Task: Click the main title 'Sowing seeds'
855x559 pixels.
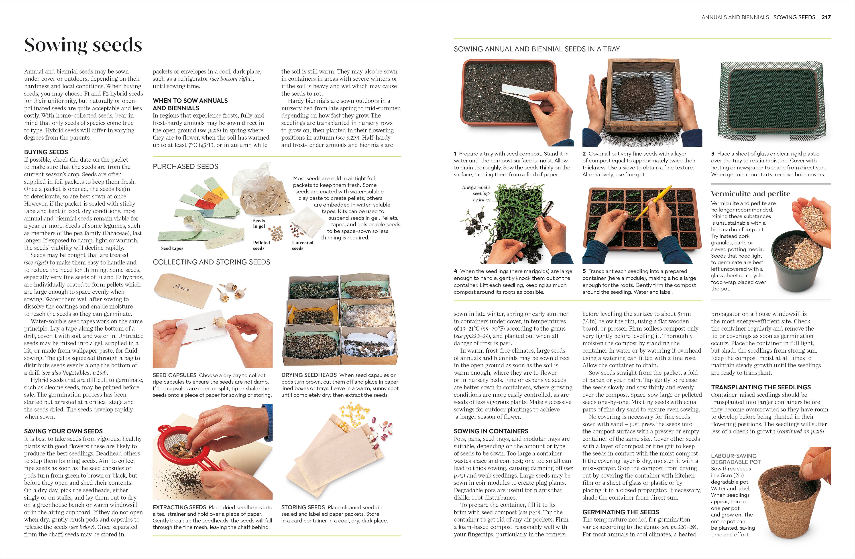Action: pyautogui.click(x=83, y=45)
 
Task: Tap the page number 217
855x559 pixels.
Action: pyautogui.click(x=826, y=17)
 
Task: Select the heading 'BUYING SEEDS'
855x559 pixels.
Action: pyautogui.click(x=46, y=152)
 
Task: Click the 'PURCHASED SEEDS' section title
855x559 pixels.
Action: pyautogui.click(x=185, y=166)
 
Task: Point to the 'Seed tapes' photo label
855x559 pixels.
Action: pyautogui.click(x=172, y=248)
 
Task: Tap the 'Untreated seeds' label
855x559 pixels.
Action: pyautogui.click(x=303, y=245)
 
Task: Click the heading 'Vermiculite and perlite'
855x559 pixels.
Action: pyautogui.click(x=750, y=194)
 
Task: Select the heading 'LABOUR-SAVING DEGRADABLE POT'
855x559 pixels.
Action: pyautogui.click(x=736, y=459)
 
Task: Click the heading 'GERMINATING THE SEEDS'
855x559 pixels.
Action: pyautogui.click(x=620, y=512)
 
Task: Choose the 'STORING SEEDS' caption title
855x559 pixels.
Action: pyautogui.click(x=303, y=507)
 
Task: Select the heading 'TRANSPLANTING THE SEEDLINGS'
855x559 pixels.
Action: pyautogui.click(x=761, y=387)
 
